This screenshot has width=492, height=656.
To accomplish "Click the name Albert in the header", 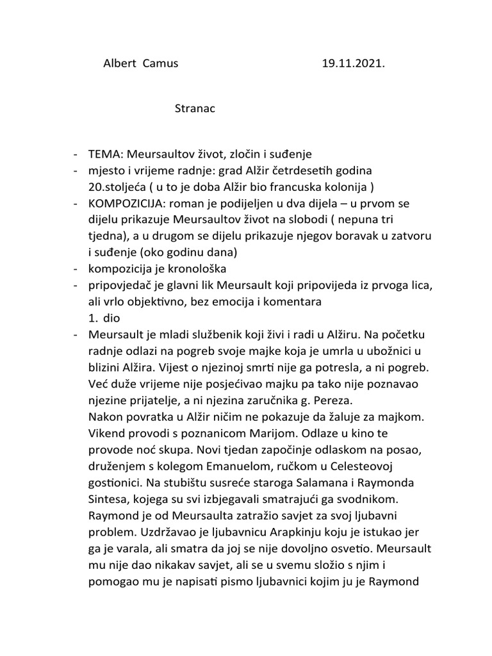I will (x=120, y=63).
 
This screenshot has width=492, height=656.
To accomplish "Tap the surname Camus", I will (x=161, y=63).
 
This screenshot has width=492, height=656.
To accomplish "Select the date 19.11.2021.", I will (x=350, y=63).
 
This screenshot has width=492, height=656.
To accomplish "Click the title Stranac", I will (x=195, y=108).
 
